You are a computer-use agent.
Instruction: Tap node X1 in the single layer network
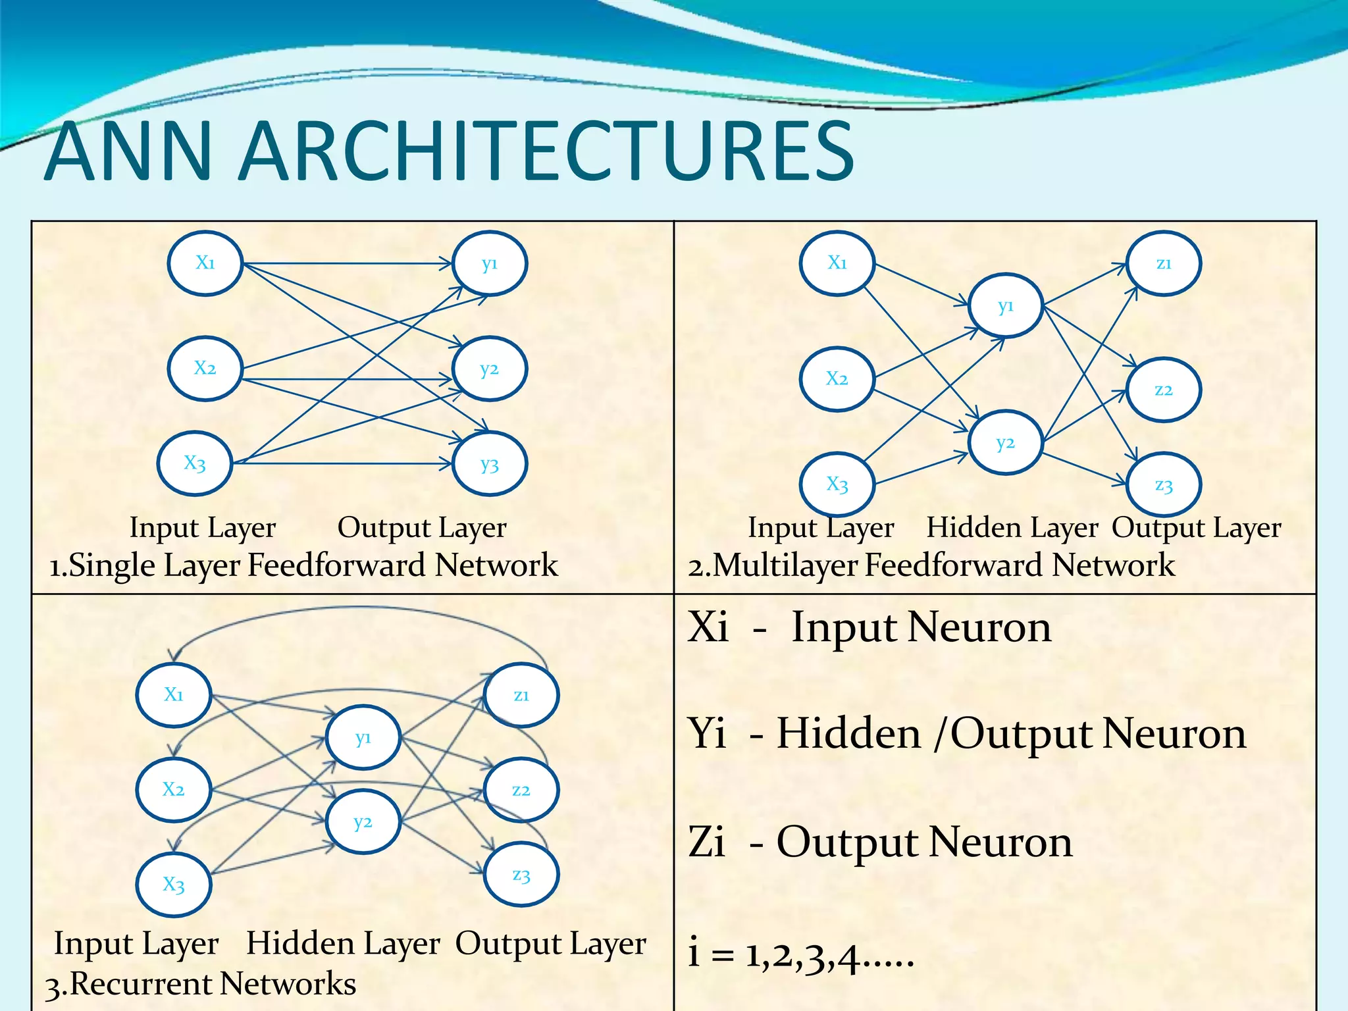pyautogui.click(x=205, y=263)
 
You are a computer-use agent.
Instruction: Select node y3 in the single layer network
pyautogui.click(x=490, y=464)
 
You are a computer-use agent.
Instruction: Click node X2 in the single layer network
pyautogui.click(x=205, y=369)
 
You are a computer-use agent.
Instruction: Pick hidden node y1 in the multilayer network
pyautogui.click(x=1005, y=306)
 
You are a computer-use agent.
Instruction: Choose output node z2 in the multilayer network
pyautogui.click(x=1163, y=390)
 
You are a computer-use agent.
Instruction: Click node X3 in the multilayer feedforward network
pyautogui.click(x=837, y=484)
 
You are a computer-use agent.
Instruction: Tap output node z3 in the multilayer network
pyautogui.click(x=1163, y=485)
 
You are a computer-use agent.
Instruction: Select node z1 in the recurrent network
pyautogui.click(x=521, y=695)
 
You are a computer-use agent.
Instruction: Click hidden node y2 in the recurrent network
pyautogui.click(x=363, y=822)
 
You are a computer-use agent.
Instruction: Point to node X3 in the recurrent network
pyautogui.click(x=174, y=884)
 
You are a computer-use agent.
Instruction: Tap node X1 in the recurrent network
pyautogui.click(x=174, y=694)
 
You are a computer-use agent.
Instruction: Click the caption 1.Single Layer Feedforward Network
pyautogui.click(x=303, y=565)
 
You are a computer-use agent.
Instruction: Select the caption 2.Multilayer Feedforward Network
pyautogui.click(x=931, y=565)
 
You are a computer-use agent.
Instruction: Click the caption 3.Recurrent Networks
pyautogui.click(x=201, y=984)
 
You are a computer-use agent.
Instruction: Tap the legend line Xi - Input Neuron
pyautogui.click(x=869, y=627)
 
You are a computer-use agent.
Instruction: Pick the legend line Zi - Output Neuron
pyautogui.click(x=880, y=842)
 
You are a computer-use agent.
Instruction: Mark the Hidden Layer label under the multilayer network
pyautogui.click(x=1012, y=528)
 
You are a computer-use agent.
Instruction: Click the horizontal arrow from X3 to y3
pyautogui.click(x=342, y=464)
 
